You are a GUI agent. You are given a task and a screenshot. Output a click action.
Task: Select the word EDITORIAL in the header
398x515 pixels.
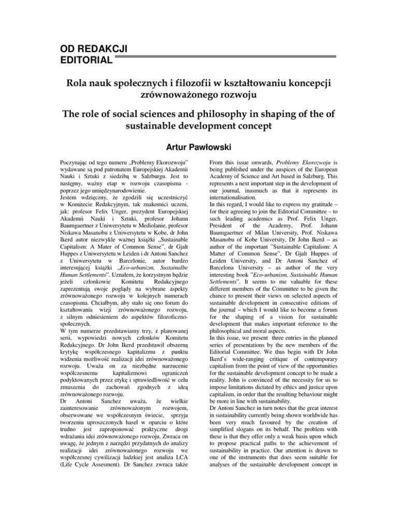(86, 61)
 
